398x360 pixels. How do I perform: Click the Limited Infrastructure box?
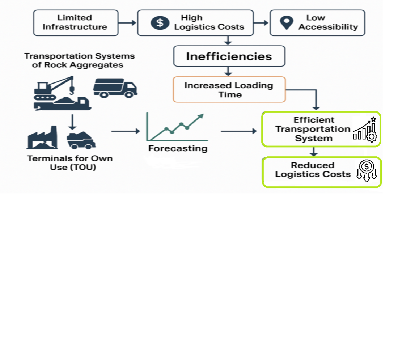click(x=76, y=22)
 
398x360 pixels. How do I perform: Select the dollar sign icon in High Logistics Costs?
click(x=158, y=22)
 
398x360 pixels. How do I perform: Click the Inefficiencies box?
click(x=229, y=56)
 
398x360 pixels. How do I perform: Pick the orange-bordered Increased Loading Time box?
click(x=229, y=89)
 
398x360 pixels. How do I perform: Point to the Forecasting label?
click(x=178, y=148)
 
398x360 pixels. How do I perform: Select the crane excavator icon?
click(x=58, y=93)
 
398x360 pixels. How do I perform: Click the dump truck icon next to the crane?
click(x=115, y=88)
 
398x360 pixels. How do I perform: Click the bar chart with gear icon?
click(x=365, y=129)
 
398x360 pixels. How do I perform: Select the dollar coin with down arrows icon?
click(x=367, y=171)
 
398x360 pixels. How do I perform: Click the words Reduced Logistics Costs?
click(x=313, y=170)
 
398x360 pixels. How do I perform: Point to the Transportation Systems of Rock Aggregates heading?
click(x=79, y=60)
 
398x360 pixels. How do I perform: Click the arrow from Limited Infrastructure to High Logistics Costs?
click(x=127, y=23)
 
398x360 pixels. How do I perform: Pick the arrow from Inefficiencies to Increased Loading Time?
click(x=228, y=71)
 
